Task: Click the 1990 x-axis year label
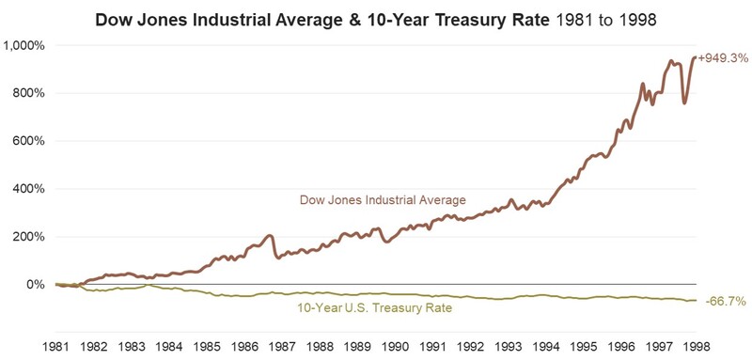[395, 346]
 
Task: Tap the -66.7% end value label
[726, 301]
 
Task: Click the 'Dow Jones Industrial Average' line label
[383, 199]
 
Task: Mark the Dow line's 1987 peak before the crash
[270, 235]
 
